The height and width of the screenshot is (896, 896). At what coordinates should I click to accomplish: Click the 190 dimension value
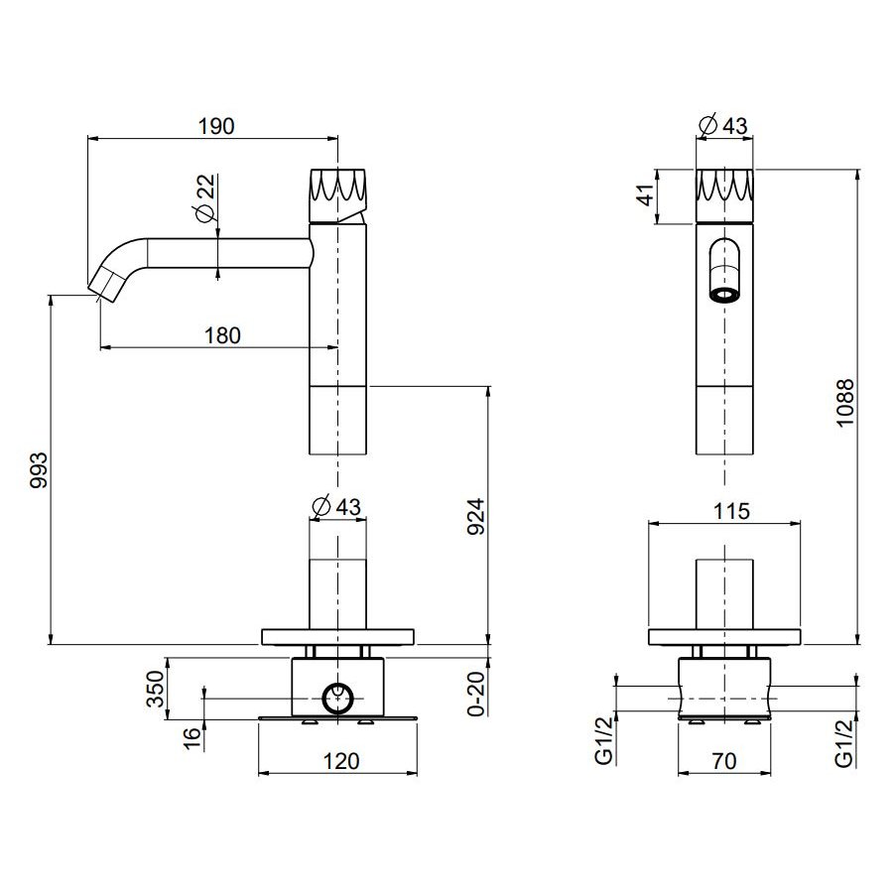pyautogui.click(x=216, y=126)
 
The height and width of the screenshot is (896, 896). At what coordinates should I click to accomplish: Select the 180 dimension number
pyautogui.click(x=222, y=335)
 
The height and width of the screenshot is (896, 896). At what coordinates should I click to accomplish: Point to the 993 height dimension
pyautogui.click(x=39, y=470)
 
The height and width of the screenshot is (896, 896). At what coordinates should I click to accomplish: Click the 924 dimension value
pyautogui.click(x=475, y=517)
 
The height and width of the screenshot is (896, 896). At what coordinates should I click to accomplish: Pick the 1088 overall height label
pyautogui.click(x=844, y=403)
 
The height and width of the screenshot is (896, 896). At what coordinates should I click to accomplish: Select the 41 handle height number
pyautogui.click(x=646, y=194)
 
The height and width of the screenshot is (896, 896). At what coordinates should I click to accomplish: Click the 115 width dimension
pyautogui.click(x=731, y=511)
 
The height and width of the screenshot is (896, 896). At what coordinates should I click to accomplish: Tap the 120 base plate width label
pyautogui.click(x=341, y=761)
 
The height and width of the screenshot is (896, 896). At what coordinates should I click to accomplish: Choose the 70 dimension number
pyautogui.click(x=723, y=761)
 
